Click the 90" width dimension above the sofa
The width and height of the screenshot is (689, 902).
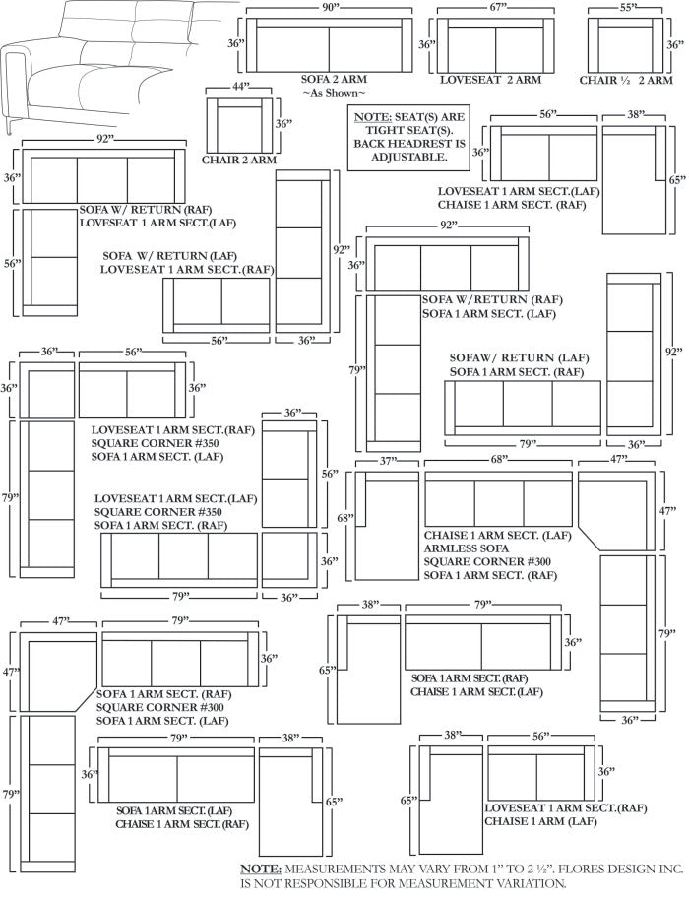coord(327,8)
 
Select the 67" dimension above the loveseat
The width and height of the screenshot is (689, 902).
coord(496,8)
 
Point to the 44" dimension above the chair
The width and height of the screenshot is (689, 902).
coord(238,87)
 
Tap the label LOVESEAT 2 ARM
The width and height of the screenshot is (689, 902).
coord(490,79)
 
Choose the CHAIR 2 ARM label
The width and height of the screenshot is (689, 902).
coord(238,160)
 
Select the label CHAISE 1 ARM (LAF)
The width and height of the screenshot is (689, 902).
coord(540,820)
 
